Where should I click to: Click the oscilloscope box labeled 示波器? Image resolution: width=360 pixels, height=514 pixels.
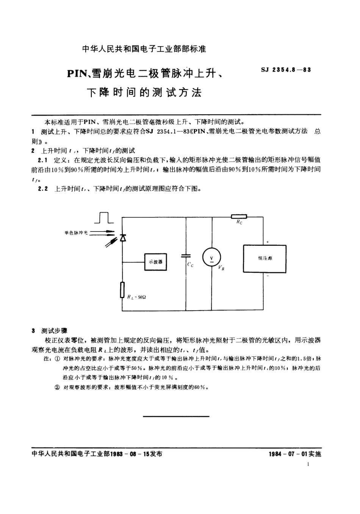(x=156, y=262)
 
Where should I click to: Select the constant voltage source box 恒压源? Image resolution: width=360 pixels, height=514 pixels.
(x=265, y=258)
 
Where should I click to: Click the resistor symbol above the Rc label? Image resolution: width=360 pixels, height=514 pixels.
(x=239, y=217)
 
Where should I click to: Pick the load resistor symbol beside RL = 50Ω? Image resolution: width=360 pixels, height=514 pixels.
(x=122, y=290)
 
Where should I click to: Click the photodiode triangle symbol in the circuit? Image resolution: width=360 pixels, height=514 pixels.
(x=122, y=238)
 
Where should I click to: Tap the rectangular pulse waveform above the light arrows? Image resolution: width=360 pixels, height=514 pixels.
(x=104, y=218)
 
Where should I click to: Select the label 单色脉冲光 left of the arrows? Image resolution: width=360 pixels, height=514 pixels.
(x=76, y=233)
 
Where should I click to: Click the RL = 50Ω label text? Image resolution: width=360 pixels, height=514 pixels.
(x=136, y=297)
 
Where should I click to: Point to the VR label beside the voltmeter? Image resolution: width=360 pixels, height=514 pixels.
(x=221, y=268)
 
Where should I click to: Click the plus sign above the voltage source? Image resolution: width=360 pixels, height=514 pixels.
(x=268, y=242)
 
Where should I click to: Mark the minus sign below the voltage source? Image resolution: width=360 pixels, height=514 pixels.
(x=268, y=276)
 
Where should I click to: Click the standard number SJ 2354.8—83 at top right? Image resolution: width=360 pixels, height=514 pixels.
(x=286, y=70)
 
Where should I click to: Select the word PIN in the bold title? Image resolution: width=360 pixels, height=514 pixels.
(x=77, y=74)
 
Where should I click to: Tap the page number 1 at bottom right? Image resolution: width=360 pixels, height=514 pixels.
(x=308, y=464)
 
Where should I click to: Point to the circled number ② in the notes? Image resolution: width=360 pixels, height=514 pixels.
(x=57, y=387)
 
